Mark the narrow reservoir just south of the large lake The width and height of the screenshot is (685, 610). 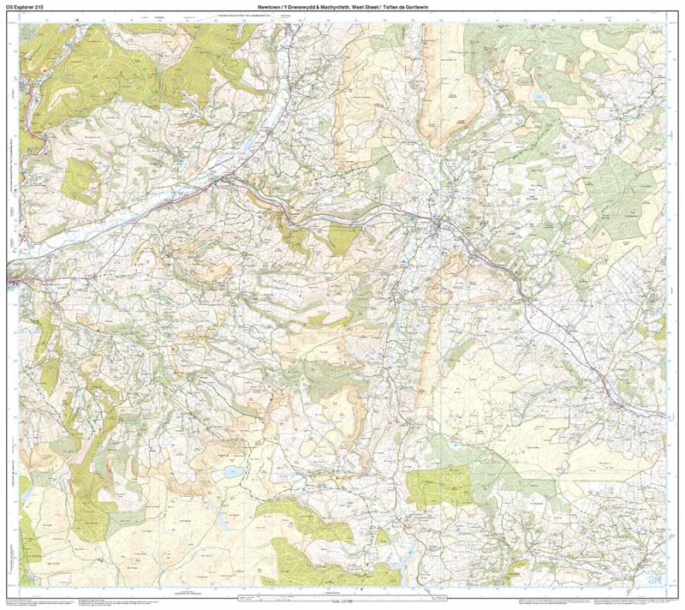pos(225,519)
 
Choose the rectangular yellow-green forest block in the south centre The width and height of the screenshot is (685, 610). pos(438,487)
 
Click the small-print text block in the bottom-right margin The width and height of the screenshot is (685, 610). pos(599,601)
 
